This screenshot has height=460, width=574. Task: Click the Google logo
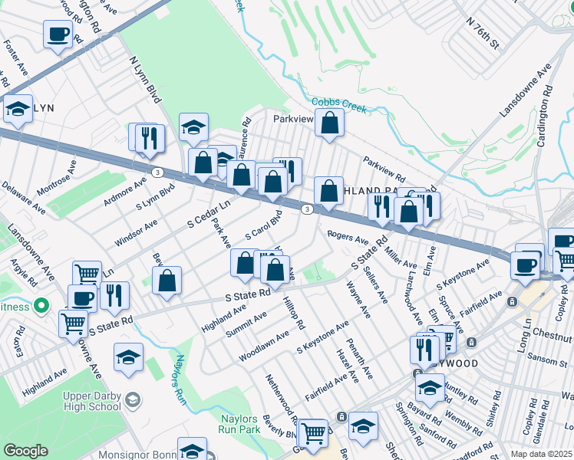[x=26, y=451]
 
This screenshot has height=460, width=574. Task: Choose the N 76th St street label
[x=483, y=34]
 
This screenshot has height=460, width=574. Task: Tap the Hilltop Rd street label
[x=293, y=314]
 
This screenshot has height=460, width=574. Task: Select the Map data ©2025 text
[x=542, y=453]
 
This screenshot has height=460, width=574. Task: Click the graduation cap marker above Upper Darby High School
[x=128, y=356]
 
